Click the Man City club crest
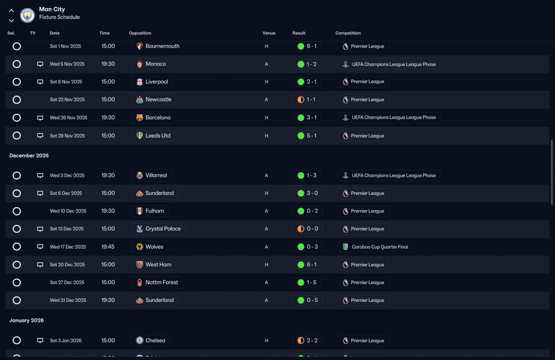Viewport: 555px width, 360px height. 27,15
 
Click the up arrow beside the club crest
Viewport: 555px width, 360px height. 11,11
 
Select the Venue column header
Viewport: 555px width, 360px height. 269,33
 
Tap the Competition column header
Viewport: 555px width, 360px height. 348,33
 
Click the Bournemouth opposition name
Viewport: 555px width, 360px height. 162,46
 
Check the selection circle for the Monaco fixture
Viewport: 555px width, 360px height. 16,64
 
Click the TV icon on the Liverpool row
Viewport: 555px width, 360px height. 40,82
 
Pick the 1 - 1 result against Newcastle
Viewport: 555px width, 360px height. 311,99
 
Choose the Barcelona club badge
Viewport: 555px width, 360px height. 140,118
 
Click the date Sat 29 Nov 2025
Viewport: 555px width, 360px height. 67,136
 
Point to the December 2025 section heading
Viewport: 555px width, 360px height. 29,155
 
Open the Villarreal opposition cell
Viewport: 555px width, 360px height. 151,175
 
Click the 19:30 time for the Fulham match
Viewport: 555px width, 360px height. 108,211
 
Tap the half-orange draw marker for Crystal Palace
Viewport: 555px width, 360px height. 301,229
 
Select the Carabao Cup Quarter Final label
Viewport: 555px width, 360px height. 380,247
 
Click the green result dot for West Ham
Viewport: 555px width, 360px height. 301,265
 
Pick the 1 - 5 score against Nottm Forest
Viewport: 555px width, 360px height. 311,282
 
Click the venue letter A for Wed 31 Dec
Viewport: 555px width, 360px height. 266,300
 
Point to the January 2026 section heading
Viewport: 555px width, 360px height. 26,321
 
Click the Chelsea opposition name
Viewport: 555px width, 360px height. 155,340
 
